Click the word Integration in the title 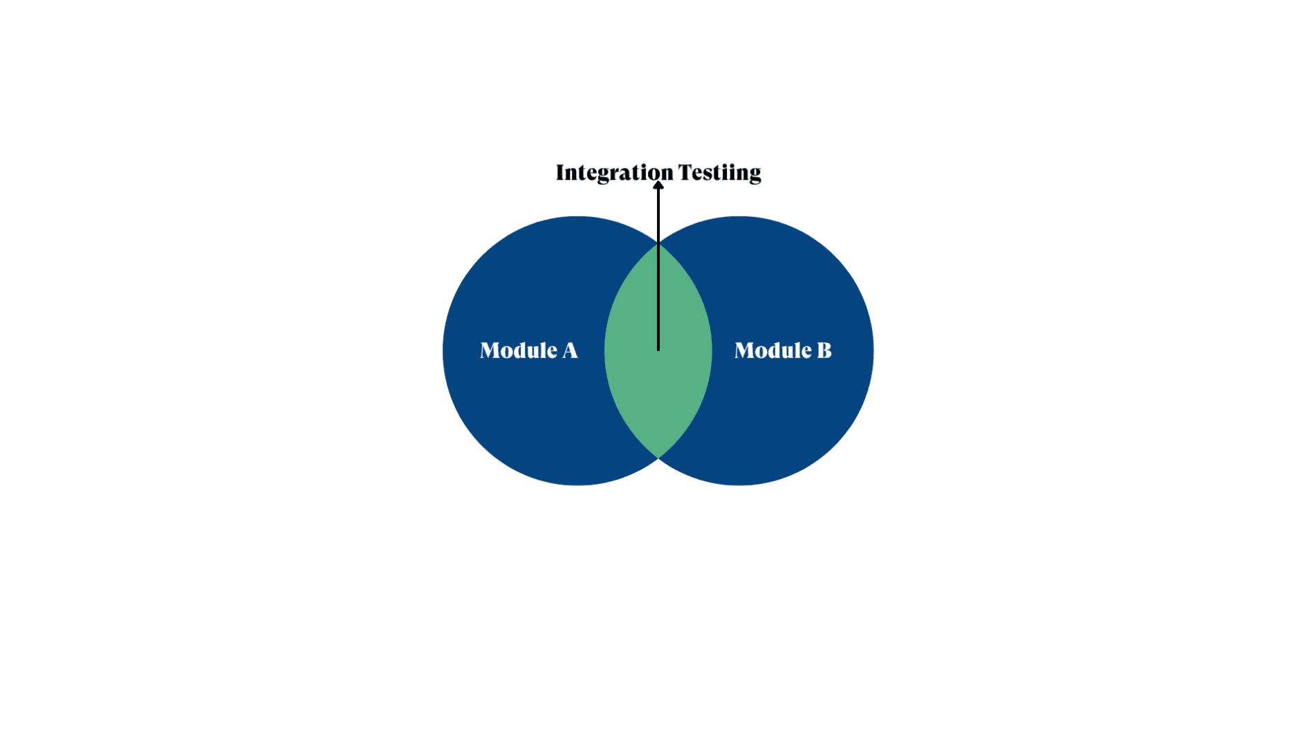(x=614, y=172)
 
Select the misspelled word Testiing (x=719, y=172)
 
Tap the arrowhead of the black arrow (x=658, y=185)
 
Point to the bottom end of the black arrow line (x=658, y=349)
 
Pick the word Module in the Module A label (x=519, y=350)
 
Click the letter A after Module (x=570, y=350)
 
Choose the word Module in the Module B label (x=772, y=350)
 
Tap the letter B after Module (x=824, y=350)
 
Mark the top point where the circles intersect (x=658, y=243)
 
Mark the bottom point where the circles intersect (x=658, y=458)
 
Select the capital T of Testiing (x=685, y=172)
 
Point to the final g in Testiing (x=754, y=174)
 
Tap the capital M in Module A (x=490, y=350)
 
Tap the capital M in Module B (x=745, y=350)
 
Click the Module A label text (x=529, y=350)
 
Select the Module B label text (x=783, y=350)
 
